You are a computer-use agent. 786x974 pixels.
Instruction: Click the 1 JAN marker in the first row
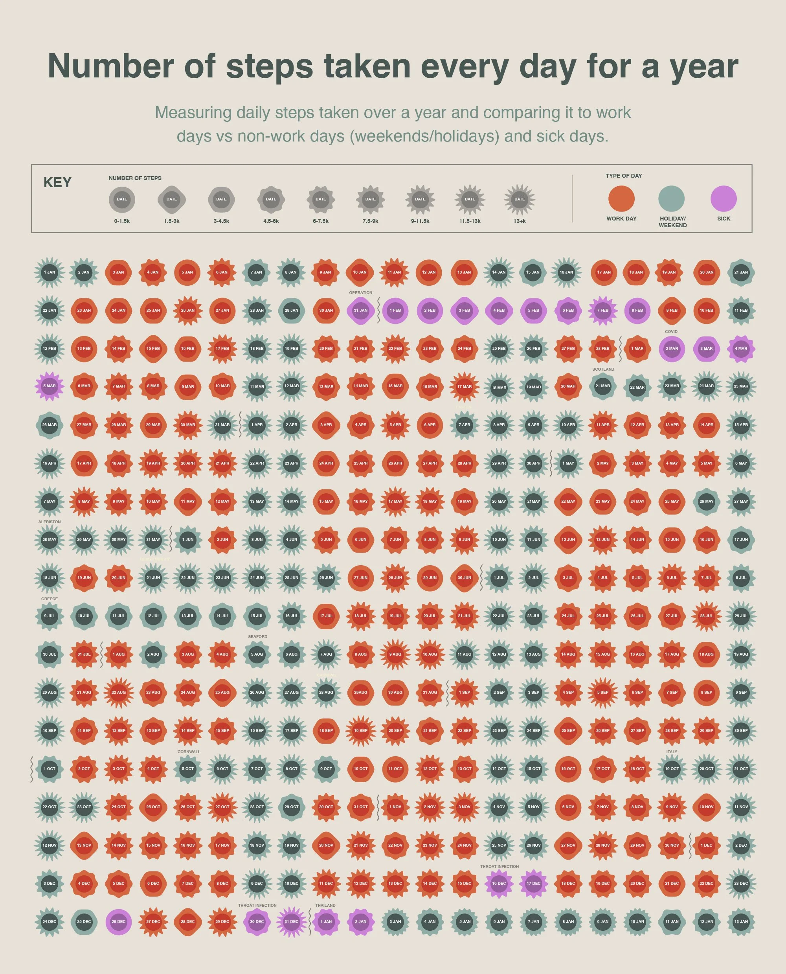click(50, 272)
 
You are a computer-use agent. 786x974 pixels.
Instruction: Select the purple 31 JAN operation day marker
click(360, 310)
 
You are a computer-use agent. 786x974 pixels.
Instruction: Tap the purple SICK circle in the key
click(723, 199)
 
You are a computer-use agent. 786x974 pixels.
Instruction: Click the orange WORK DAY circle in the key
click(621, 199)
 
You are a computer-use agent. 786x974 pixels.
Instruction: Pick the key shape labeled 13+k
click(519, 199)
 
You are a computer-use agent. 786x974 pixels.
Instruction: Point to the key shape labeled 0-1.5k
click(122, 199)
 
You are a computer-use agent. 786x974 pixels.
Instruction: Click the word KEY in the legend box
click(57, 182)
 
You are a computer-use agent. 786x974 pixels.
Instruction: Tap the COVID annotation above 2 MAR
click(671, 331)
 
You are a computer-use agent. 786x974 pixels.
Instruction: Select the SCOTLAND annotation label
click(603, 369)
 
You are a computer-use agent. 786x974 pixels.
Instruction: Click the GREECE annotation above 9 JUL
click(50, 599)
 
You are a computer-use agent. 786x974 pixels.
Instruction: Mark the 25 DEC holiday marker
click(84, 921)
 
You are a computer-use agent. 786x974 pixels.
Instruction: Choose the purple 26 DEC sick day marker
click(119, 921)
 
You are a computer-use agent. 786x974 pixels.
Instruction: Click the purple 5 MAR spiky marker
click(50, 386)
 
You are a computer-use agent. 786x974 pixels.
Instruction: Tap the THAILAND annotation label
click(325, 905)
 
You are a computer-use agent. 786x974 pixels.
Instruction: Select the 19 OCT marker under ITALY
click(672, 768)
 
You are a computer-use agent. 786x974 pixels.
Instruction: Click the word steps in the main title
click(269, 66)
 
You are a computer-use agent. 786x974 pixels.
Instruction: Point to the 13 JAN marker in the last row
click(741, 921)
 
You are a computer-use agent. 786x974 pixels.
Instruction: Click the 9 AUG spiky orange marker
click(395, 654)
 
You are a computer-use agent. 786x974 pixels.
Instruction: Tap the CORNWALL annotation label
click(189, 752)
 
